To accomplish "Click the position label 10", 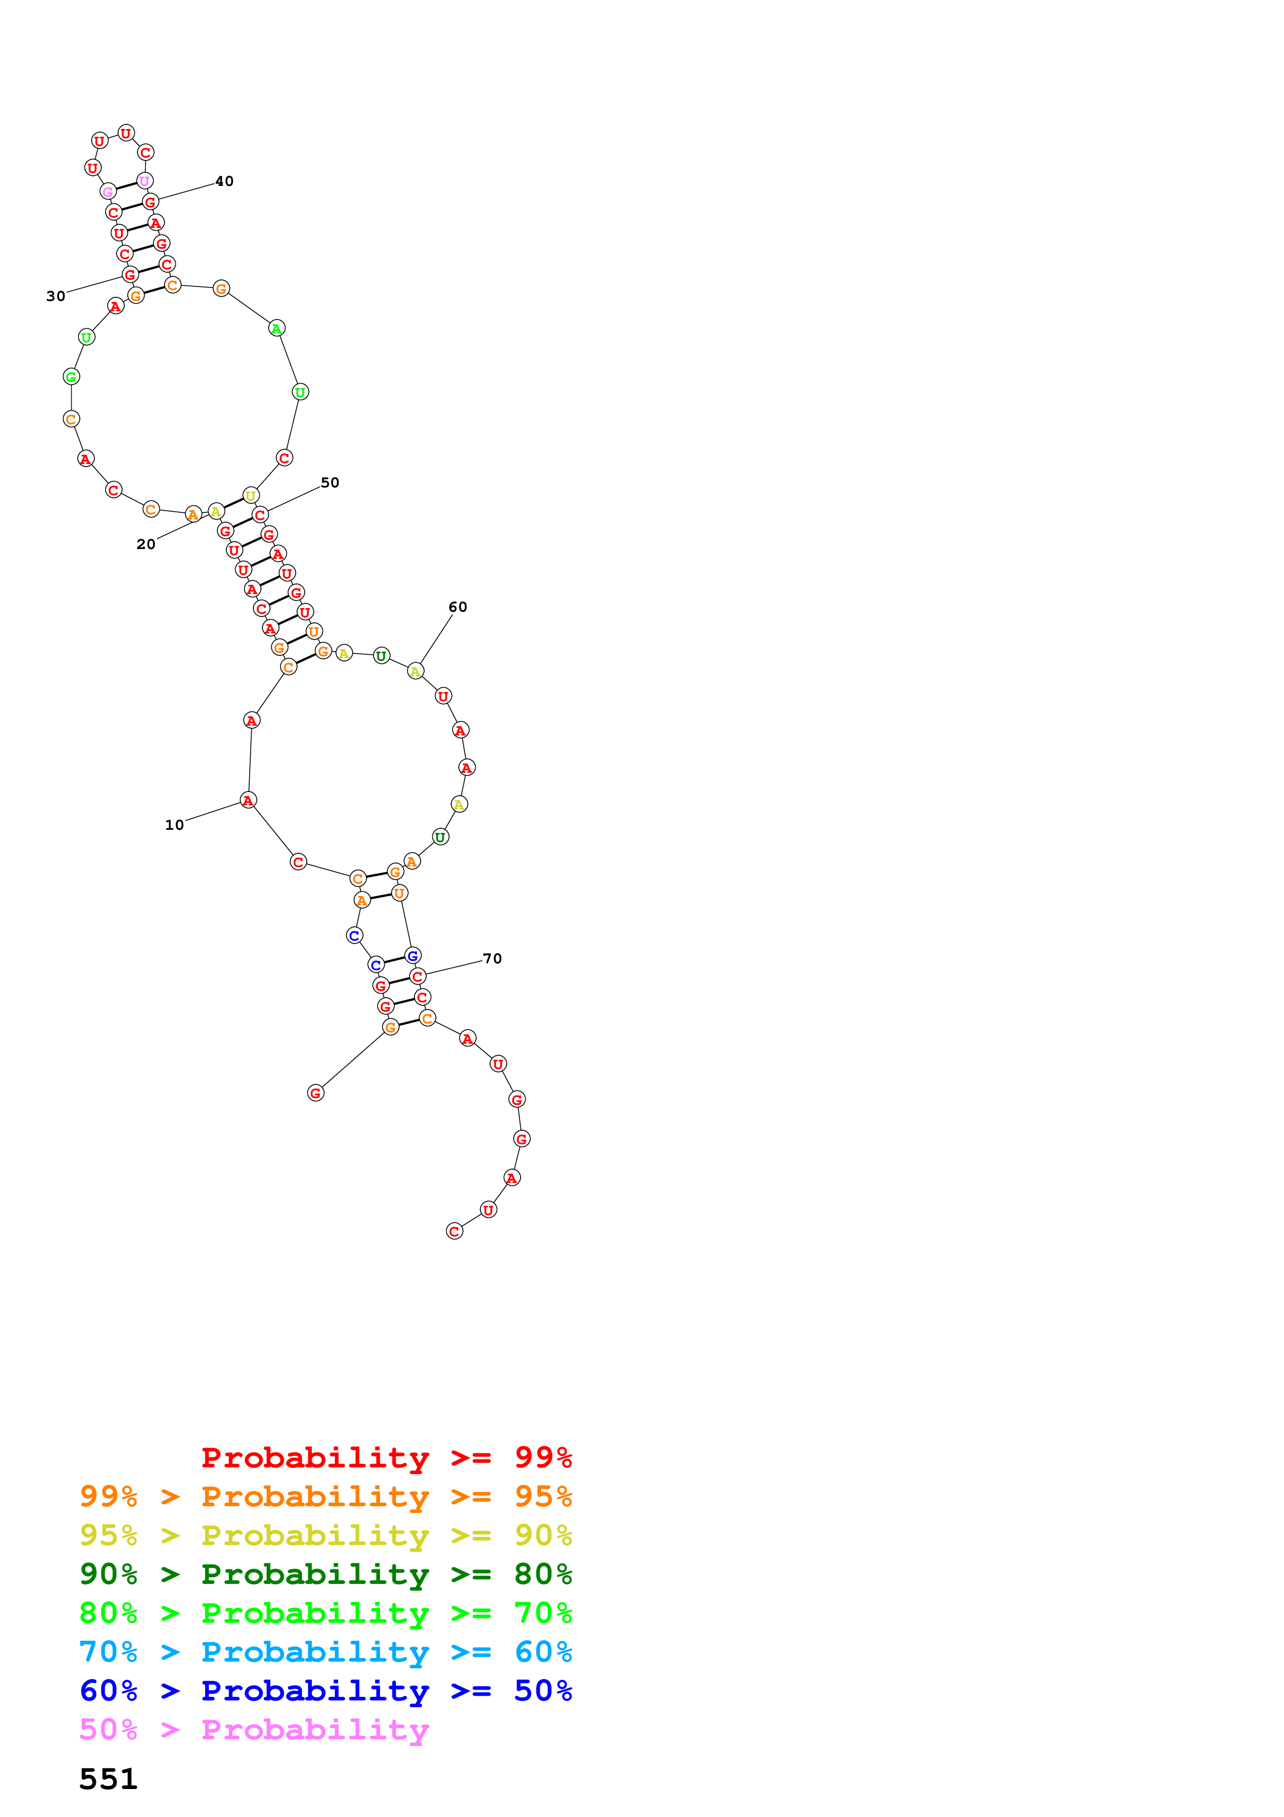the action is [x=174, y=825].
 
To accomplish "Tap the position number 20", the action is [x=146, y=544].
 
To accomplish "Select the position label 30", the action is [x=55, y=296].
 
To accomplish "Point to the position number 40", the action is [x=225, y=181].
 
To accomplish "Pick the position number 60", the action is [x=458, y=607].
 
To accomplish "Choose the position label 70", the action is [x=492, y=958].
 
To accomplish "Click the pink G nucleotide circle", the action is [x=108, y=192].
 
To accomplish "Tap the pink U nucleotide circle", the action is [x=144, y=181].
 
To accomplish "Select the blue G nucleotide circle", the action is [x=412, y=956].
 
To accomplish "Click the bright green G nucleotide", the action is [x=71, y=377].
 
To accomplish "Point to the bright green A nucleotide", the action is [x=276, y=328].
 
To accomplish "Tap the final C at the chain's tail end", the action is [x=454, y=1231].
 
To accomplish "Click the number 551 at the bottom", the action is [x=108, y=1779].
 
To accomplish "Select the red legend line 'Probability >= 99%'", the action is [x=386, y=1457].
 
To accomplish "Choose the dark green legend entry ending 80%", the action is [x=325, y=1574].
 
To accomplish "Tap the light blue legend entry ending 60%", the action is [x=325, y=1652].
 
